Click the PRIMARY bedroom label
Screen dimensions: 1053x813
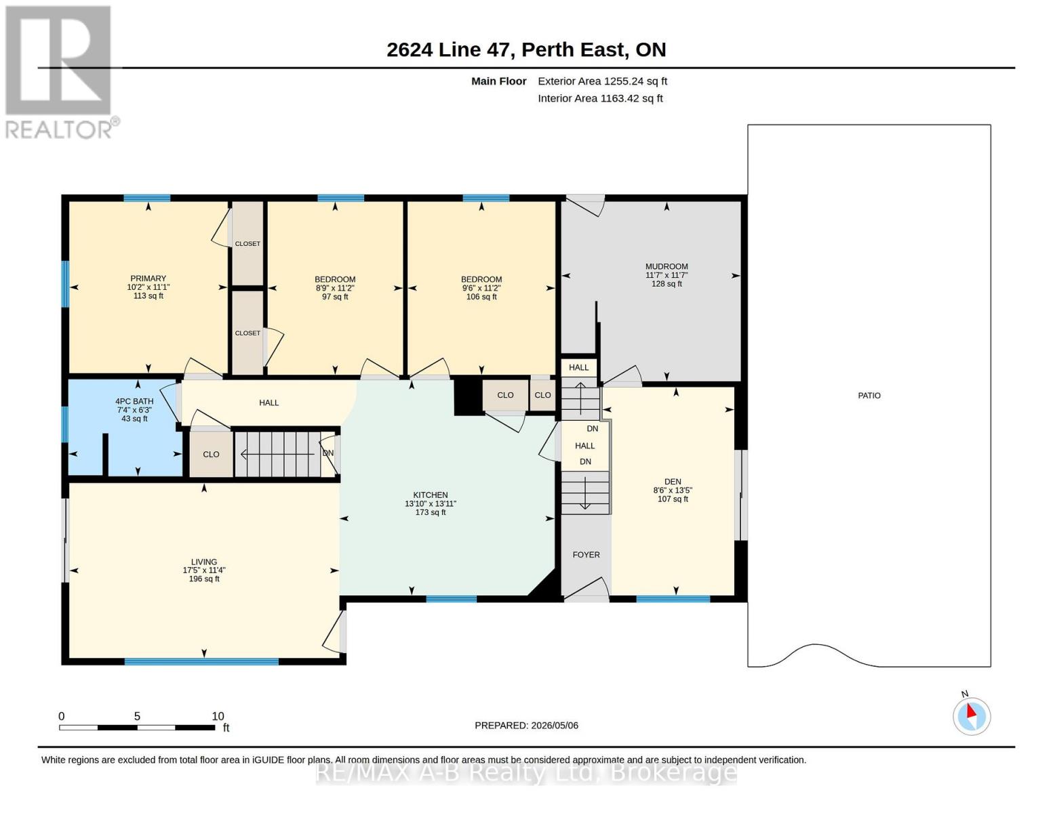tap(148, 278)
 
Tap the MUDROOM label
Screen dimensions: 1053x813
tap(667, 266)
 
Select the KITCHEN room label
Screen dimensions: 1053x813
tap(431, 495)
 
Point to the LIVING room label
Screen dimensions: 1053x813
tap(204, 562)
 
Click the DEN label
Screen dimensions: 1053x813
tap(673, 482)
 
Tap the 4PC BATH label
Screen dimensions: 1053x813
tap(134, 401)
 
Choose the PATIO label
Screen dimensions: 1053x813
tap(869, 396)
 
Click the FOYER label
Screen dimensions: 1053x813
tap(586, 555)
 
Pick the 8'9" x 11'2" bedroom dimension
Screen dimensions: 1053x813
tap(335, 288)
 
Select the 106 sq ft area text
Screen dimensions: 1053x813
tap(481, 297)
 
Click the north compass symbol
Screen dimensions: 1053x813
tap(971, 716)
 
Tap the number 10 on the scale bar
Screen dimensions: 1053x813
tap(218, 716)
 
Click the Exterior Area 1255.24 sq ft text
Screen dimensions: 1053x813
tap(602, 81)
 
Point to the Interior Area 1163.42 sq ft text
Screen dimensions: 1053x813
tap(600, 98)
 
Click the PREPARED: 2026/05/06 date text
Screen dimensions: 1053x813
tap(526, 726)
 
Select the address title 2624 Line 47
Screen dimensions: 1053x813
tap(450, 49)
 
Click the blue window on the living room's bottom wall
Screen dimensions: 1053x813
tap(201, 661)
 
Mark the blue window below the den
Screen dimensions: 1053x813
tap(673, 599)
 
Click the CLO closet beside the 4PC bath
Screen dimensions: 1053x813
tap(211, 454)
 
